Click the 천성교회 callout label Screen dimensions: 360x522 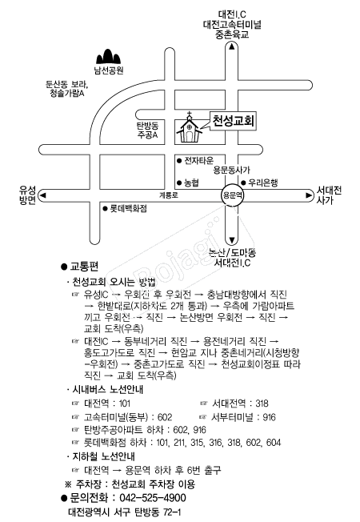pos(234,121)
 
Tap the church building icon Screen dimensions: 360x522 pos(189,129)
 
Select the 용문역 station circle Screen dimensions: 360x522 pos(232,195)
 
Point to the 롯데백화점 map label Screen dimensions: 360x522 pos(125,209)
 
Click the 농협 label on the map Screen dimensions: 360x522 pos(188,183)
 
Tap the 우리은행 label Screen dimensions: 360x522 pos(259,183)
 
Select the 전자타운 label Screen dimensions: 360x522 pos(195,160)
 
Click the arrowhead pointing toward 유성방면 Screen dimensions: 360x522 pos(42,195)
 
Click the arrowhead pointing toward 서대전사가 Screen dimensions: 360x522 pos(309,195)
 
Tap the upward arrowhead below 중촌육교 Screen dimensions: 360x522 pos(231,47)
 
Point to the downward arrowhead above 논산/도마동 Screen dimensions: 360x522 pos(231,240)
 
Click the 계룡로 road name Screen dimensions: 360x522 pos(168,195)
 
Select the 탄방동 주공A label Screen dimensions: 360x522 pos(147,130)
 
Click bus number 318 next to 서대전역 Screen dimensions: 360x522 pos(262,404)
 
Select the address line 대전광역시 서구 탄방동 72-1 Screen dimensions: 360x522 pos(125,512)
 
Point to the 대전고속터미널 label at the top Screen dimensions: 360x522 pos(232,24)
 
